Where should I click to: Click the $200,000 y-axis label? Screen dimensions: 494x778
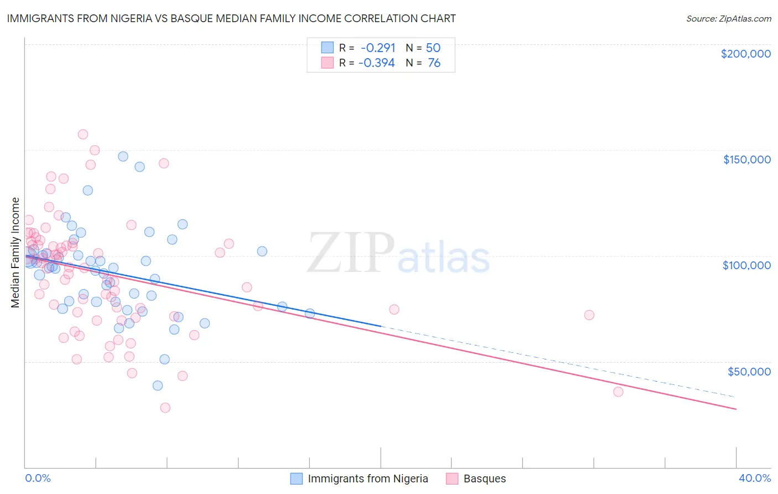point(745,54)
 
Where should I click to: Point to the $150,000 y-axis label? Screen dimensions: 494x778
point(746,159)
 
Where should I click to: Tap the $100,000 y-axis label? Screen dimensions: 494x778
point(746,265)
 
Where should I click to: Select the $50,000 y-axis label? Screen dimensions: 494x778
point(749,371)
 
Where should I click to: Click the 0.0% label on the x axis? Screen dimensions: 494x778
point(38,478)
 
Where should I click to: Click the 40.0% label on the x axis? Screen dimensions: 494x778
point(754,478)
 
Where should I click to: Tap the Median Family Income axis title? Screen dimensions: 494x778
point(15,253)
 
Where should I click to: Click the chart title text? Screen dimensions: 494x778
point(231,18)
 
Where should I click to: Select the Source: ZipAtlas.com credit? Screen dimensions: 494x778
point(728,18)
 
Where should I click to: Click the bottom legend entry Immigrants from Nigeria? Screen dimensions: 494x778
point(367,478)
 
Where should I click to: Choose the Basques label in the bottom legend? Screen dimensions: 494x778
point(484,478)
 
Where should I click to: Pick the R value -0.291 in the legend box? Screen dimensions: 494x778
point(378,48)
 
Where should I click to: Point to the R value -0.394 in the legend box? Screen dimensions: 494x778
point(377,63)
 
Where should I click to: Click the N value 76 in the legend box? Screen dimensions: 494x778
point(434,63)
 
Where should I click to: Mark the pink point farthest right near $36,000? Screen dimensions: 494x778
point(618,392)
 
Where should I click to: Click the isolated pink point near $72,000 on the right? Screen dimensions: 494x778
point(589,315)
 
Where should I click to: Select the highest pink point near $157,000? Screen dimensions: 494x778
point(83,134)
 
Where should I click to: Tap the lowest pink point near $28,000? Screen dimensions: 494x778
point(165,408)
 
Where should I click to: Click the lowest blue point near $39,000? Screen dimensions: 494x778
point(158,385)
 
